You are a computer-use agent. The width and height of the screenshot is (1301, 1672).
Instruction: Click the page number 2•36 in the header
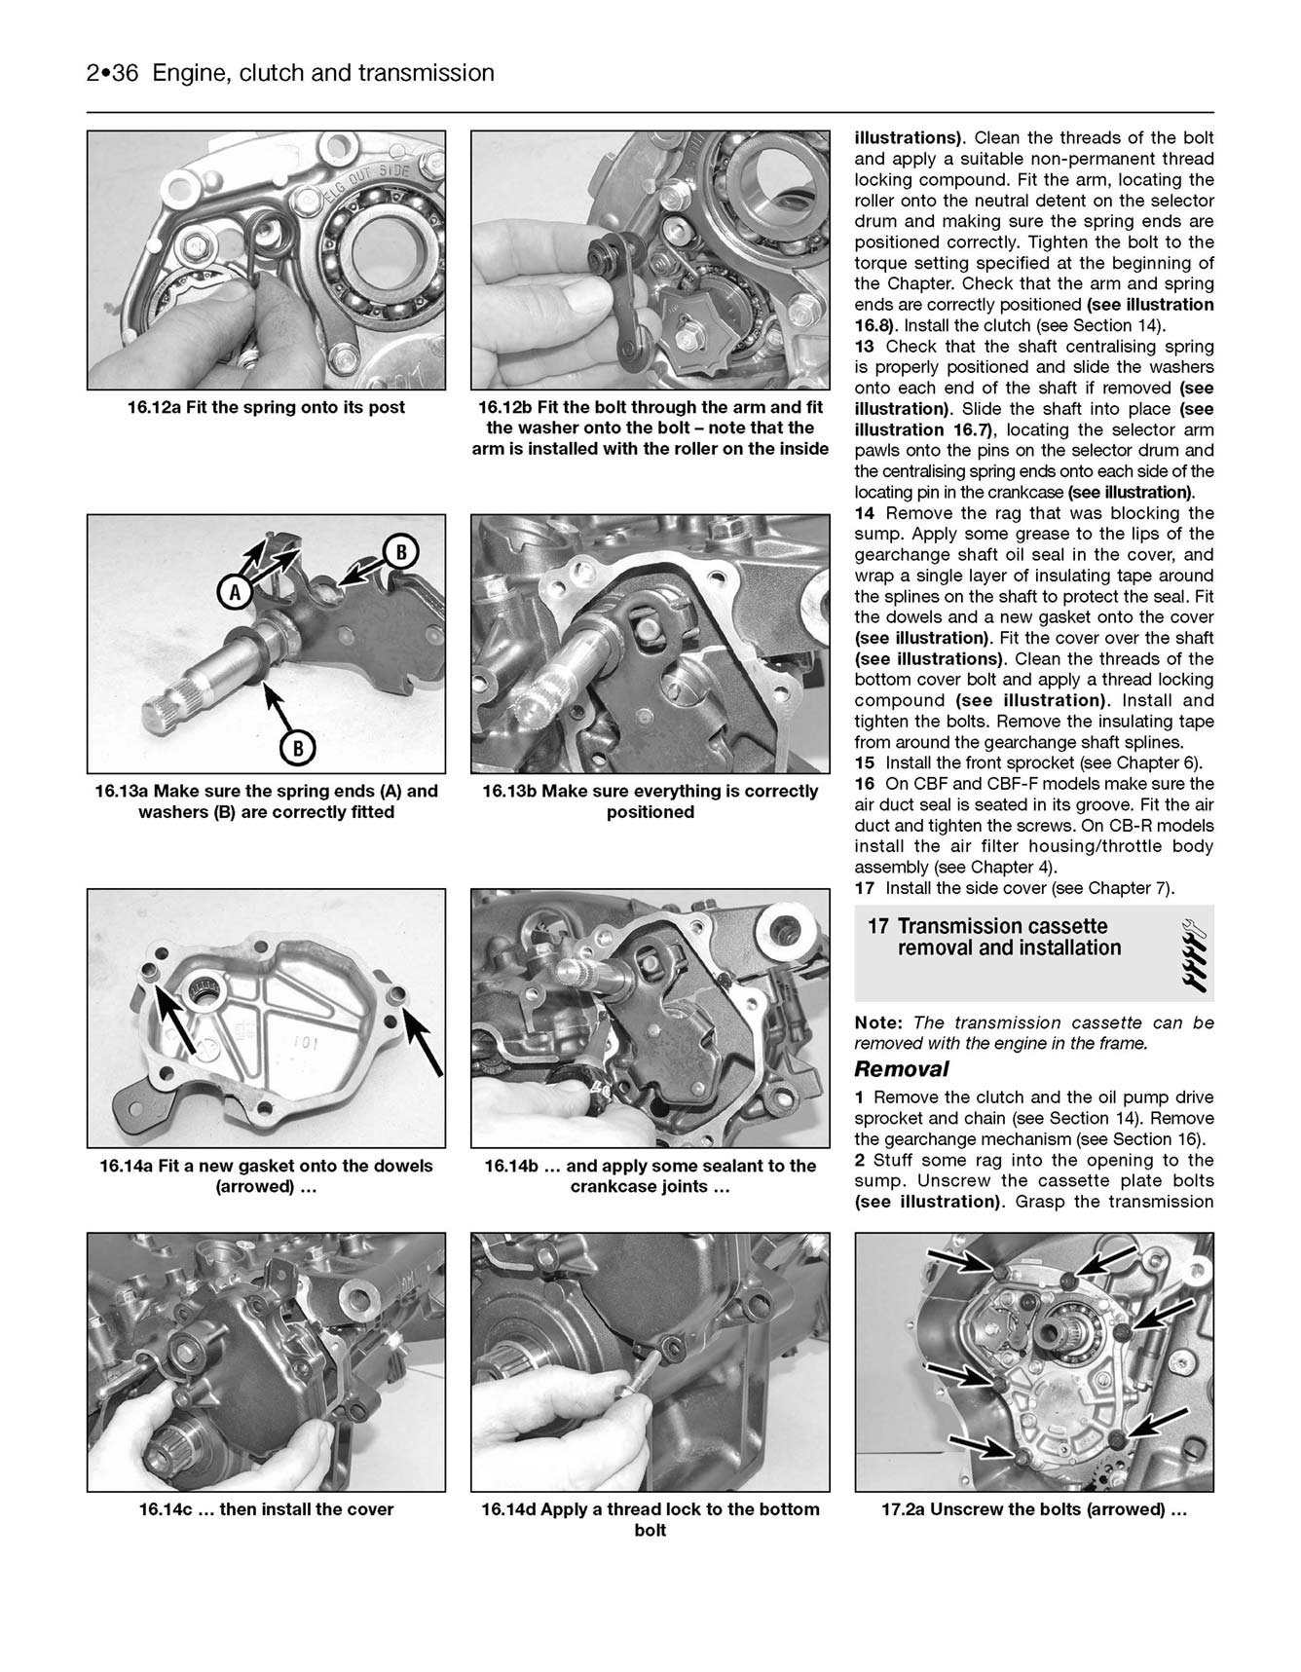[x=115, y=73]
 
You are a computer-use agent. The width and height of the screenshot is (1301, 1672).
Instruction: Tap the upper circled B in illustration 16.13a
[x=399, y=552]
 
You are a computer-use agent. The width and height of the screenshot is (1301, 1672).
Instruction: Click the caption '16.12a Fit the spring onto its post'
[x=266, y=407]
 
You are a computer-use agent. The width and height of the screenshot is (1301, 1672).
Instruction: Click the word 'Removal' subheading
[x=901, y=1069]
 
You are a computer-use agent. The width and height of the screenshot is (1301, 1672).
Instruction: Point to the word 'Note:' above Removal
[x=879, y=1022]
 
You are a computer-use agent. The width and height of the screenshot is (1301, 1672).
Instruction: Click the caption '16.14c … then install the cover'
[x=266, y=1509]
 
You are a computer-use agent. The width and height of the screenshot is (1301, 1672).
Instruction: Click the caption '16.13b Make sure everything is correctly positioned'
[x=650, y=801]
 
